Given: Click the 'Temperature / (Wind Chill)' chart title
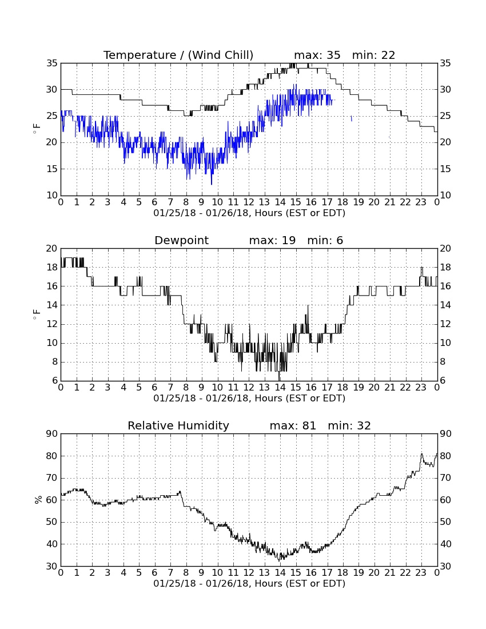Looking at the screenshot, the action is click(x=178, y=55).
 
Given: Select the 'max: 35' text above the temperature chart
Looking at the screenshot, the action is click(x=317, y=55).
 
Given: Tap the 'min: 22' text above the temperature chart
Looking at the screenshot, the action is click(x=374, y=55).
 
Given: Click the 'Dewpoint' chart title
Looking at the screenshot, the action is click(x=182, y=241).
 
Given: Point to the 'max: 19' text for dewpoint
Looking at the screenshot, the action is click(x=272, y=240).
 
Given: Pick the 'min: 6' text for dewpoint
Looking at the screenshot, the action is click(x=325, y=240).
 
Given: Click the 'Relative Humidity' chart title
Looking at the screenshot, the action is click(x=178, y=425).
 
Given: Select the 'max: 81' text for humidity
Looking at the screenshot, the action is click(x=293, y=425).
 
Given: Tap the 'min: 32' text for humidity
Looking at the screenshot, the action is click(x=349, y=425).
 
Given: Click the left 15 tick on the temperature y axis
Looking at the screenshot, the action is click(x=52, y=169).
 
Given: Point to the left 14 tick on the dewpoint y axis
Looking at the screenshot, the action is click(x=52, y=305).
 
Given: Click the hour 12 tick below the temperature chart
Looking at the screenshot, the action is click(x=249, y=202).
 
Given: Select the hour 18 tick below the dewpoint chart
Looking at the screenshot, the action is click(x=343, y=388).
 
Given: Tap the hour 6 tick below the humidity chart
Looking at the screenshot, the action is click(x=155, y=573).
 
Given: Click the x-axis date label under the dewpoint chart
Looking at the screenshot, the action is click(x=249, y=399).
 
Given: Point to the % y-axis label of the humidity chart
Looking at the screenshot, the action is click(x=38, y=500).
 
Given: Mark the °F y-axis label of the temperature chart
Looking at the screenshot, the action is click(x=37, y=129).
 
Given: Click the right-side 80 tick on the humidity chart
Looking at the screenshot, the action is click(x=445, y=456).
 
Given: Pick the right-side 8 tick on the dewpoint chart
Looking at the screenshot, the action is click(x=443, y=362).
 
